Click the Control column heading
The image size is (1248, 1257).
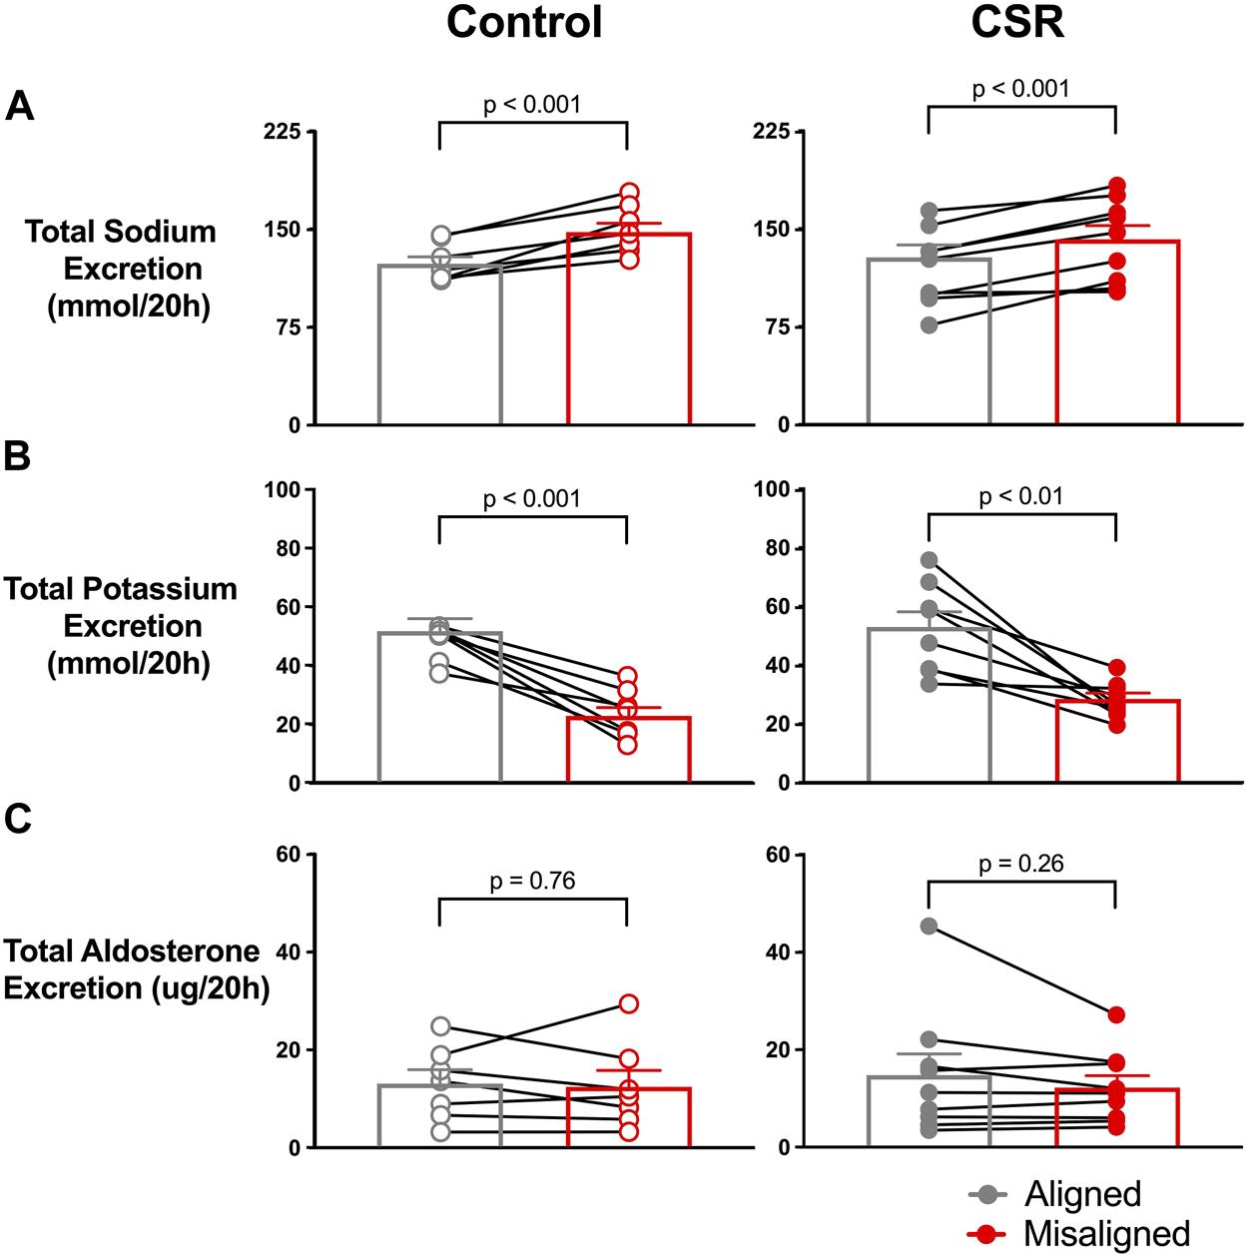tap(524, 22)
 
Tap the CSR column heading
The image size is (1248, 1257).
tap(1017, 22)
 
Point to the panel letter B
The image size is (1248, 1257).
tap(17, 456)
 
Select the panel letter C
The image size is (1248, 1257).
tap(17, 819)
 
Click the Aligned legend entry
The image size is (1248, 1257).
tap(1082, 1194)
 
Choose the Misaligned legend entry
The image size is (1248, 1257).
tap(1106, 1234)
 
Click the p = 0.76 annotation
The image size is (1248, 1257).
tap(532, 881)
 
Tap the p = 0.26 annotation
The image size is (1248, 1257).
tap(1021, 864)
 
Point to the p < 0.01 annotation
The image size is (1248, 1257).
tap(1021, 496)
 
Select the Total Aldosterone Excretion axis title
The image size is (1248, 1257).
tap(135, 968)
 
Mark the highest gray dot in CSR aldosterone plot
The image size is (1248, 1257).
tap(930, 927)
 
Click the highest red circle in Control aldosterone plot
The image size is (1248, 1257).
tap(628, 1003)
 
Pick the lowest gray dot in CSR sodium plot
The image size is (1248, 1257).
tap(930, 324)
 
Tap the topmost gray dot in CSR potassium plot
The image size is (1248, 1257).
tap(930, 560)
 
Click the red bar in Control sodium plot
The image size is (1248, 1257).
tap(628, 329)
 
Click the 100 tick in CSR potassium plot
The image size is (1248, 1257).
tap(772, 489)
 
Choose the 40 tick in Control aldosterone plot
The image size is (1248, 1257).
tap(288, 951)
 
